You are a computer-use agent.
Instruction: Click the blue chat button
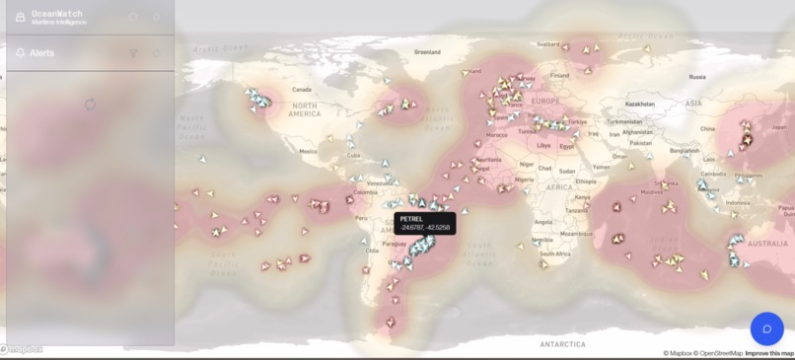(766, 329)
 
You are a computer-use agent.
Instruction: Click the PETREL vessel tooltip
(424, 223)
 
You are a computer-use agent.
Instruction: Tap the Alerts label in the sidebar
(42, 53)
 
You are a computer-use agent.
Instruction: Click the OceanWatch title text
(57, 14)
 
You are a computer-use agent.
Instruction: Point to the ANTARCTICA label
(561, 343)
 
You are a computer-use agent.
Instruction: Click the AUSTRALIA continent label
(767, 244)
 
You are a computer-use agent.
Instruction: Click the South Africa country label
(557, 253)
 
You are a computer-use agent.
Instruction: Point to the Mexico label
(309, 152)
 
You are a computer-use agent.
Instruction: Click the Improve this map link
(769, 353)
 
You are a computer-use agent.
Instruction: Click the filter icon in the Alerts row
(134, 53)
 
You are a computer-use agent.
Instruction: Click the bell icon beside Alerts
(21, 53)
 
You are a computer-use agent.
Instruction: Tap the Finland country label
(560, 74)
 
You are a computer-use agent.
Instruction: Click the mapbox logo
(22, 348)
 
